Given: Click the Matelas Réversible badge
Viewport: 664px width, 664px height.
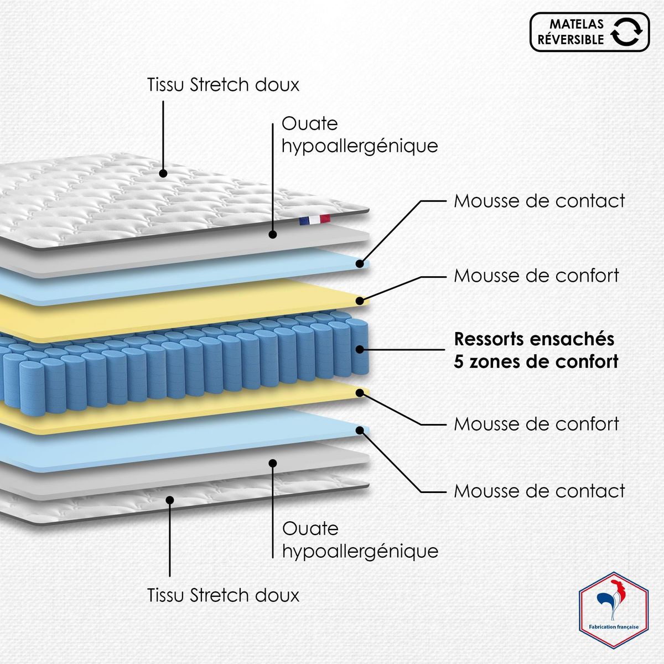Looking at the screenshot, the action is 589,32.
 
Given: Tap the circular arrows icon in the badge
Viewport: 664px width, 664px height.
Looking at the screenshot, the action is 628,32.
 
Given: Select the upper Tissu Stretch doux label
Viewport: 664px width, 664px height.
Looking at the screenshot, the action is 223,85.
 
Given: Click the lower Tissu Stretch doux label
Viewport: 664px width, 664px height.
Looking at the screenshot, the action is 223,595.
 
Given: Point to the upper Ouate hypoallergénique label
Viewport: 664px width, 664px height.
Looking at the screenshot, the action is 360,134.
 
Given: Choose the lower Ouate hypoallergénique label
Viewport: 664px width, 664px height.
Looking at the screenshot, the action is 360,539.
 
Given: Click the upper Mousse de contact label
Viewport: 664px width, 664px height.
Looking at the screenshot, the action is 539,201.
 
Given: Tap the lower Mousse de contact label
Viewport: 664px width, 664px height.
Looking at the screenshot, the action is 539,491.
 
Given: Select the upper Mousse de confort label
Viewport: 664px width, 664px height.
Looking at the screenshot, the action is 536,276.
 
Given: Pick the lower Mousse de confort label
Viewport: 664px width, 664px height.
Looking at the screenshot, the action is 536,424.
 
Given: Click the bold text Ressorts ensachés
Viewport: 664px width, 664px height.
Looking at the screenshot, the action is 534,339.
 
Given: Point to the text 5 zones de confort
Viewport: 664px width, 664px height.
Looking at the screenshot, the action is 536,362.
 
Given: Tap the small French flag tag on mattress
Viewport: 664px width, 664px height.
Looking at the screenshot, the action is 314,220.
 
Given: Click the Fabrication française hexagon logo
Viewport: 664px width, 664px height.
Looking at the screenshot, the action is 613,617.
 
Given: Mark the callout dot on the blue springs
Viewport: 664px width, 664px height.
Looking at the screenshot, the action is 360,349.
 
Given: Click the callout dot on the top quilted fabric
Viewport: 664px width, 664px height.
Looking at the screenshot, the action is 163,173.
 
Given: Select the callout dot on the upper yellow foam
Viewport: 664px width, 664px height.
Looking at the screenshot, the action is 360,301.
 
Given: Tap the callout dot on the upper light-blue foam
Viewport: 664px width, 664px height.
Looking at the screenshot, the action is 360,263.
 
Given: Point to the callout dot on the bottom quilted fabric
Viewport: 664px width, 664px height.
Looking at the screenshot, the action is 170,500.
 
